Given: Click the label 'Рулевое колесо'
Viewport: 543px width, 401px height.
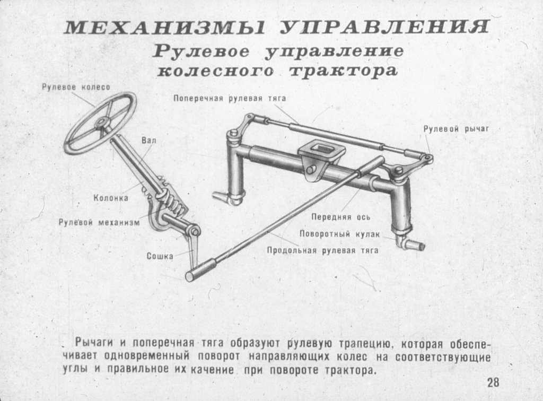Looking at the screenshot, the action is coord(76,87).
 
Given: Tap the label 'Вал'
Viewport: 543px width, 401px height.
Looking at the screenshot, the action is coord(149,140).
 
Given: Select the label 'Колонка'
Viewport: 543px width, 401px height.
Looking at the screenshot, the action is coord(111,198).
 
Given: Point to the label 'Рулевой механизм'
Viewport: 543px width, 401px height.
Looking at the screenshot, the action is coord(99,222).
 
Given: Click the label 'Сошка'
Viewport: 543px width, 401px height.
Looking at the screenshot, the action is coord(160,256).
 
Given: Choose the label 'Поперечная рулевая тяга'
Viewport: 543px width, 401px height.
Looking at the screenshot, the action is coord(230,98).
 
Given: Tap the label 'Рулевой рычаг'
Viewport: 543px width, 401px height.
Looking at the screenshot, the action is coord(456,129).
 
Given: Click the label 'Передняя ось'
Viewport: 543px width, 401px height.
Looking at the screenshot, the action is coord(341,217).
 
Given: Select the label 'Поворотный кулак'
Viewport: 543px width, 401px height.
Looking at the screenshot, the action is coord(340,234).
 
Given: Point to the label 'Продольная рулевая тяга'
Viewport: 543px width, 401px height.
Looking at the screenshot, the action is coord(323,250).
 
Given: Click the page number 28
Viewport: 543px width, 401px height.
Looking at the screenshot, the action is coord(494,382).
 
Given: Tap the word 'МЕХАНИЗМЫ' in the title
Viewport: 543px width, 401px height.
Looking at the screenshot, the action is coord(164,28).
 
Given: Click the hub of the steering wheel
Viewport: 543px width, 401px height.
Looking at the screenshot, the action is coord(102,122).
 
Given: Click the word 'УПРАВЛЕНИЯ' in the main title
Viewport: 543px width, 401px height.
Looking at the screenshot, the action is coord(384,27).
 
